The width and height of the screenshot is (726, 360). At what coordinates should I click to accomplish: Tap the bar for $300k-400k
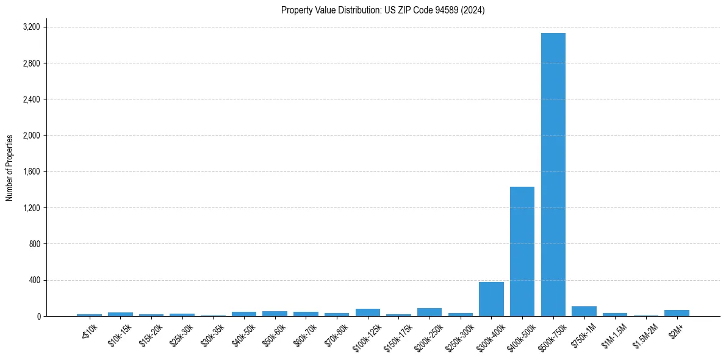491,299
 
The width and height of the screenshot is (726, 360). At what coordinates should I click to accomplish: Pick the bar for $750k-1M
584,311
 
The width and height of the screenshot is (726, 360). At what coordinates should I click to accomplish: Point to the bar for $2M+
677,313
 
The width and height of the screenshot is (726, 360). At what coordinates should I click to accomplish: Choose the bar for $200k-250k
429,312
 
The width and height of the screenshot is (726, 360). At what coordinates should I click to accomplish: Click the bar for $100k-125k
367,312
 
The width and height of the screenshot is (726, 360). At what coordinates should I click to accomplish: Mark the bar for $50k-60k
275,314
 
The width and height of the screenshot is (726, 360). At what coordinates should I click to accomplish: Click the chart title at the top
383,10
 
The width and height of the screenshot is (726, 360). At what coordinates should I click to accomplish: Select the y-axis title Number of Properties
10,167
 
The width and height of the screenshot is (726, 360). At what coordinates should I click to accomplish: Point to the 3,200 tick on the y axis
31,27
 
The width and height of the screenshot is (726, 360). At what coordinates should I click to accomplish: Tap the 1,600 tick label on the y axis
31,172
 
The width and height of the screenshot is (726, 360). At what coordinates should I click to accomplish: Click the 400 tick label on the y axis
34,281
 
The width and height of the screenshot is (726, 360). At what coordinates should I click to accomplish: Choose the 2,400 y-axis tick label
31,99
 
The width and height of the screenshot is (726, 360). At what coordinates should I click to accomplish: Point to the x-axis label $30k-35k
212,333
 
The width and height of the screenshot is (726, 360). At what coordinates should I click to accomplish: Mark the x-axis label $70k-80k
336,333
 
